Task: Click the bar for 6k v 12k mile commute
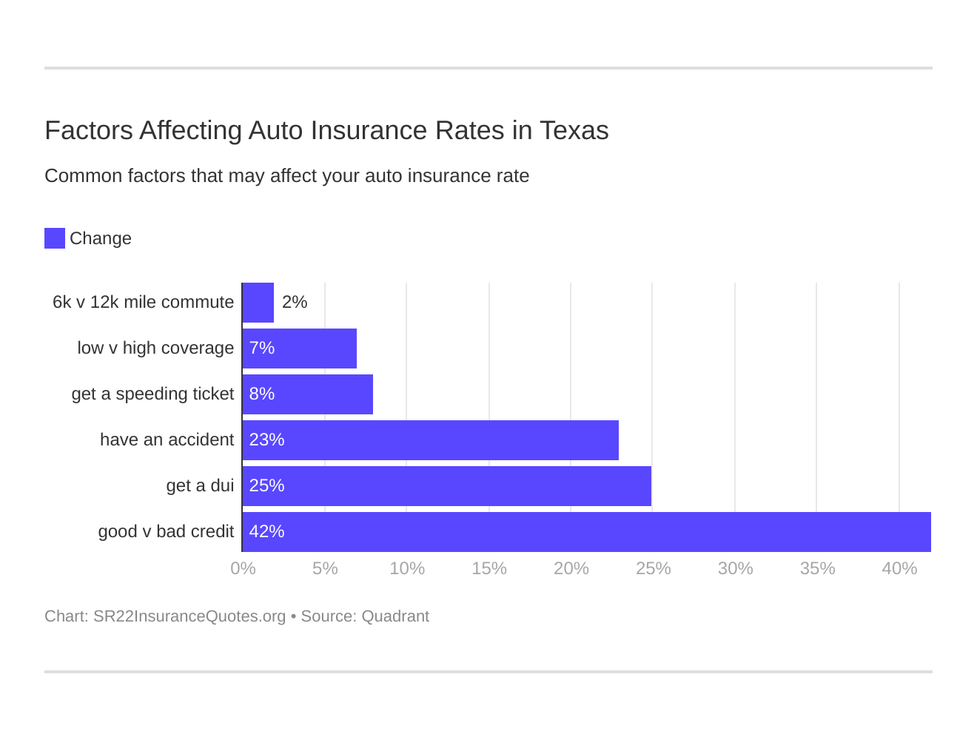click(258, 303)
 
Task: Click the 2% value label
click(295, 302)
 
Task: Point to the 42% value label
click(266, 531)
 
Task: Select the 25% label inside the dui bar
click(266, 485)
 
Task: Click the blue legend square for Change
click(55, 238)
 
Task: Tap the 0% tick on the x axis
click(243, 568)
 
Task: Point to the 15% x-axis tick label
click(489, 568)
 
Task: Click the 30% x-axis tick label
click(735, 568)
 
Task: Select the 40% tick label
click(899, 568)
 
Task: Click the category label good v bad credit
click(166, 531)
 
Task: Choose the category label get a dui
click(200, 485)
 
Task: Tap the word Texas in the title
click(574, 130)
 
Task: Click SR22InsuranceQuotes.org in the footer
click(189, 616)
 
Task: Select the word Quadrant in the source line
click(395, 616)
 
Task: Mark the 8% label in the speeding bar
click(262, 394)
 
